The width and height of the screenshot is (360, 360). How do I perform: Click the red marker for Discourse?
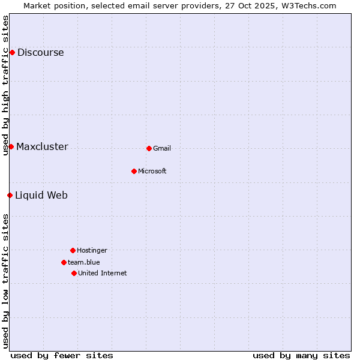[12, 52]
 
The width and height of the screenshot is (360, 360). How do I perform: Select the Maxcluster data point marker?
[11, 146]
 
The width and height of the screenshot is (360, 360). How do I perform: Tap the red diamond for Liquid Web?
[10, 195]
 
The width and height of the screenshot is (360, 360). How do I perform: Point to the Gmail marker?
[149, 148]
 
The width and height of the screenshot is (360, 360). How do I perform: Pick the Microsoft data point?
[134, 171]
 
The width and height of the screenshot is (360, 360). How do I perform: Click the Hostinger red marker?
[73, 250]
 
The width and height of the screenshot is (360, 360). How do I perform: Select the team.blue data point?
[64, 262]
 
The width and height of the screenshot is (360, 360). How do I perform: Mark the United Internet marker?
[74, 273]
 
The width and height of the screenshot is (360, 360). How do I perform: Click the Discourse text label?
[40, 52]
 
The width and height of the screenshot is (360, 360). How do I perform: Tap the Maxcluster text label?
[42, 146]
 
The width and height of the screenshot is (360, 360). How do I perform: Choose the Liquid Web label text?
[41, 195]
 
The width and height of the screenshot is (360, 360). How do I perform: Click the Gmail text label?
[162, 148]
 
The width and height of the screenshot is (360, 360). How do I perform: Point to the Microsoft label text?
[152, 171]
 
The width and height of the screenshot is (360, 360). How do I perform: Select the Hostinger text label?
[92, 250]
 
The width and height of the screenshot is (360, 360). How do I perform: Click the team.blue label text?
[84, 262]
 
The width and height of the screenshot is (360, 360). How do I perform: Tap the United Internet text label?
[102, 273]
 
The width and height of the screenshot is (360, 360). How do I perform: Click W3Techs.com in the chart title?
[306, 5]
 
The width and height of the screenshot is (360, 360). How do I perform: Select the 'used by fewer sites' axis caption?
[62, 355]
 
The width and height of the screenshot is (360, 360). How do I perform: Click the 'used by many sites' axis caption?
[301, 355]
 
